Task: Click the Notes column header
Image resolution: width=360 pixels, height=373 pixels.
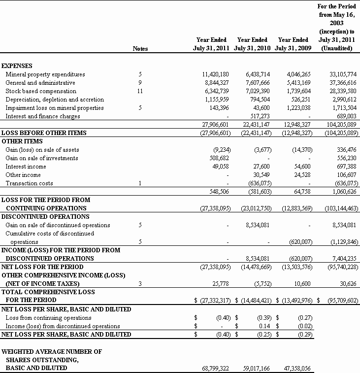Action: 140,49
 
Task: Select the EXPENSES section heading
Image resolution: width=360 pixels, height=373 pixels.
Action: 17,66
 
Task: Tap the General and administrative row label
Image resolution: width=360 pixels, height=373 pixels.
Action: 40,83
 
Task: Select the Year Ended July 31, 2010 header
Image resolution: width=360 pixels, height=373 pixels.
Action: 252,44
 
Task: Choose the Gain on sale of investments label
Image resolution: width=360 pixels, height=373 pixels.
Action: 42,158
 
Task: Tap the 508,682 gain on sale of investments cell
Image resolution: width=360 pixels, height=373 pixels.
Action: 219,158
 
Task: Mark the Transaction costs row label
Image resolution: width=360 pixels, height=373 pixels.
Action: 29,183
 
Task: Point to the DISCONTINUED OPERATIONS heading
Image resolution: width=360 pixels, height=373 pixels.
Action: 45,216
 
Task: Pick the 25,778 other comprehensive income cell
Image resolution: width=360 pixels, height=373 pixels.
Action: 222,283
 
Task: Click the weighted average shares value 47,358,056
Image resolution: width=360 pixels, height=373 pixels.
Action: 294,368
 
